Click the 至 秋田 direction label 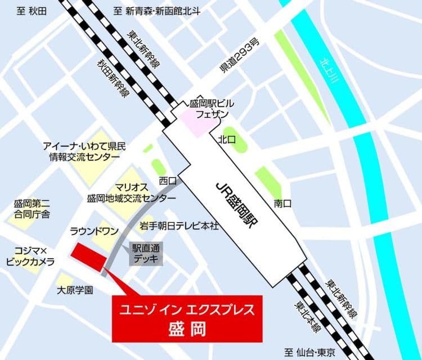point(32,10)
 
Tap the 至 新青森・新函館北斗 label point(156,10)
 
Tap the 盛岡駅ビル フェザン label point(212,108)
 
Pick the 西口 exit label point(167,181)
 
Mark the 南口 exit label point(282,203)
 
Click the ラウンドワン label point(94,231)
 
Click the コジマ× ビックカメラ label point(30,256)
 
